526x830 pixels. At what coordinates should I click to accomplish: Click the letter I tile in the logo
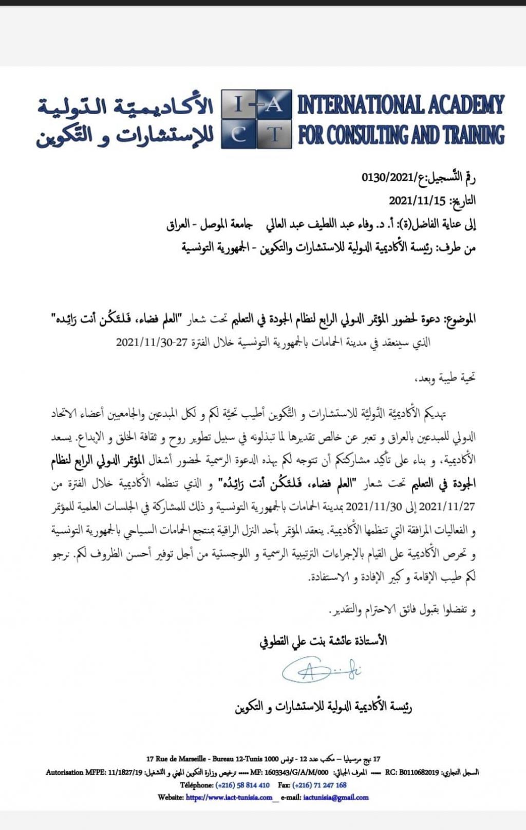pos(238,104)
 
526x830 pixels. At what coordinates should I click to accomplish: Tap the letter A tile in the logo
pos(274,104)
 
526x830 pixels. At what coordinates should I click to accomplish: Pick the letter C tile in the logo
pos(238,135)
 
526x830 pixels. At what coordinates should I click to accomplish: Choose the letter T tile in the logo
pos(274,135)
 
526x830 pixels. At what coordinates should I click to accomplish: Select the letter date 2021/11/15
pos(417,201)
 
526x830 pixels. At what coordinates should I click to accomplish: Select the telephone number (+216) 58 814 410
pos(242,785)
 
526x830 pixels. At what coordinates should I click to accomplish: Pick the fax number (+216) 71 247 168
pos(320,785)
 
